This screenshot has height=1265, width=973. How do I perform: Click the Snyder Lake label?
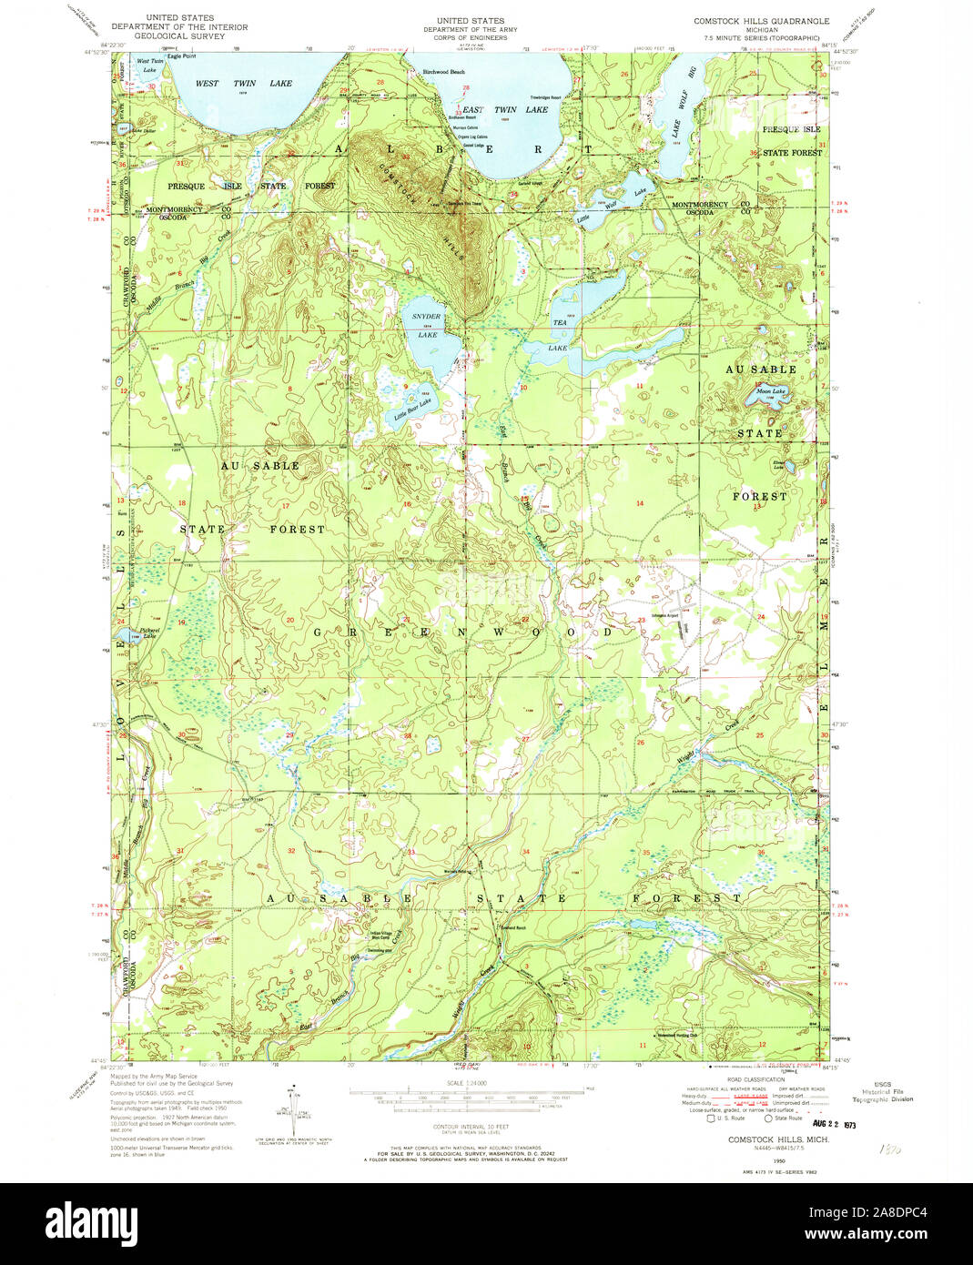pyautogui.click(x=426, y=325)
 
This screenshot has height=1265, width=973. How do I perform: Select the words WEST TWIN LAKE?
pyautogui.click(x=244, y=84)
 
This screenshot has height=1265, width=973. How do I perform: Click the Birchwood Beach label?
pyautogui.click(x=443, y=72)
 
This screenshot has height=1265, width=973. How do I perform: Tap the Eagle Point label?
pyautogui.click(x=180, y=56)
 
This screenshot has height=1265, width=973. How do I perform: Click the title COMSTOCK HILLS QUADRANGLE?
pyautogui.click(x=761, y=21)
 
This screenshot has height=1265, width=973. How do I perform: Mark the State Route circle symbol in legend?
pyautogui.click(x=768, y=1118)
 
